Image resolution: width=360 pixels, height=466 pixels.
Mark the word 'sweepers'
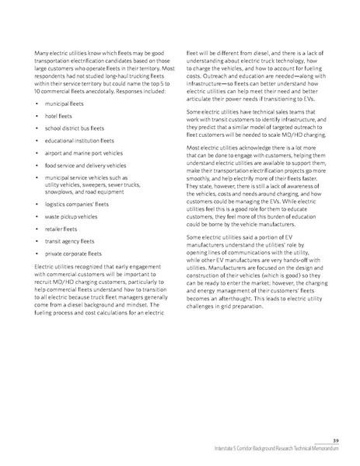tap(113, 183)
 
